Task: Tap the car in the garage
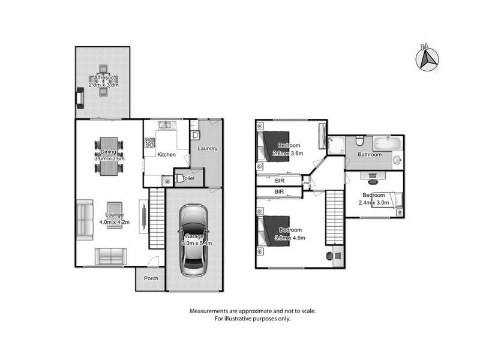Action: tap(194, 239)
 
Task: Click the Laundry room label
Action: tap(206, 149)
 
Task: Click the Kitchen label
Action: tap(166, 155)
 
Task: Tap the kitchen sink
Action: tap(165, 125)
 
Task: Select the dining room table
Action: tap(109, 157)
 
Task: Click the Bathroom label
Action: tap(370, 155)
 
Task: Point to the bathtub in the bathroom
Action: tap(388, 143)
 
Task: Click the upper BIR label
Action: tap(280, 180)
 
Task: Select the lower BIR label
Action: tap(280, 192)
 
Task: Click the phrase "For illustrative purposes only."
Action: tap(253, 319)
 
